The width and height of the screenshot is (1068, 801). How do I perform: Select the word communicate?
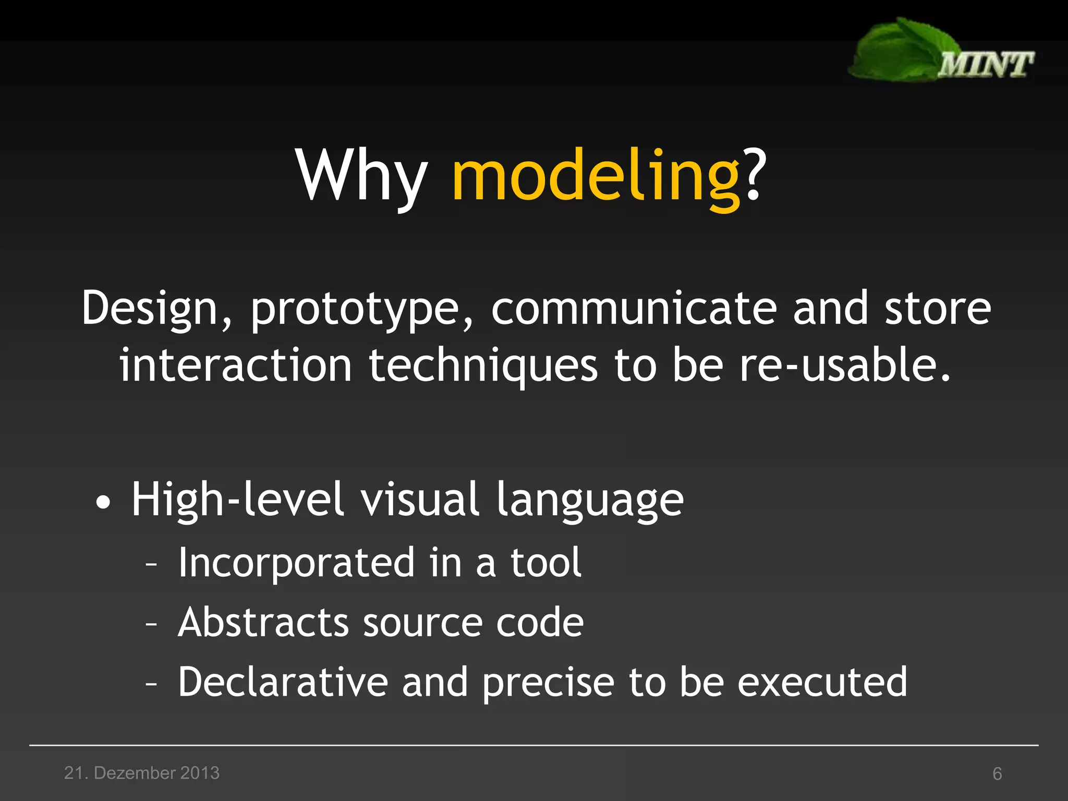click(x=633, y=308)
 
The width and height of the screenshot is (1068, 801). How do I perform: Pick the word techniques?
click(x=483, y=366)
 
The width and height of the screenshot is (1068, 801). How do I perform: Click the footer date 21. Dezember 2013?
click(x=142, y=773)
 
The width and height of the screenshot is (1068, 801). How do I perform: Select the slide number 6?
click(x=997, y=774)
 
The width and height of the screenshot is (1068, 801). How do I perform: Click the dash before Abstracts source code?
click(x=151, y=624)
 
